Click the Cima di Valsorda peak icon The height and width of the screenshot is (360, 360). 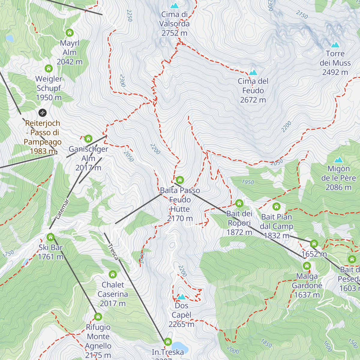click(174, 6)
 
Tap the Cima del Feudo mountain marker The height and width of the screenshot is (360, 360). click(253, 73)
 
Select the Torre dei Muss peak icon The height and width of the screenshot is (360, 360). click(335, 45)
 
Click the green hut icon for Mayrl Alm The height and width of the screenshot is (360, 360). click(70, 32)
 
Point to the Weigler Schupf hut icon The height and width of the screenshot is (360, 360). click(49, 68)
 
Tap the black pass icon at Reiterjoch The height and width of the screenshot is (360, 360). click(43, 113)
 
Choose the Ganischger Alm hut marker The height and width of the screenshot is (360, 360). click(88, 139)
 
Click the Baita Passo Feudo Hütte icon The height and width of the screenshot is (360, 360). click(180, 180)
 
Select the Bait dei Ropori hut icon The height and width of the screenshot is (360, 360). click(239, 203)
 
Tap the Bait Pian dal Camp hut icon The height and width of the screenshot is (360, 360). click(276, 206)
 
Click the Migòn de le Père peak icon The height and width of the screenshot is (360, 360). click(339, 160)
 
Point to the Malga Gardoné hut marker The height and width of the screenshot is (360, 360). click(307, 266)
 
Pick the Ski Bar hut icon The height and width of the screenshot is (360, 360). click(50, 237)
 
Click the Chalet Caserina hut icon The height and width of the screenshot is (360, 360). click(112, 274)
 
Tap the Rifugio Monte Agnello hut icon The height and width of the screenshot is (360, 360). click(98, 317)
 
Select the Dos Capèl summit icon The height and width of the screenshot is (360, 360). click(181, 297)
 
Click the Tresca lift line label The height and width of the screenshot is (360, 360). click(113, 252)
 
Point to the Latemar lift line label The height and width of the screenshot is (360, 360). click(63, 209)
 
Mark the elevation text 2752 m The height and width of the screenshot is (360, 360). click(174, 33)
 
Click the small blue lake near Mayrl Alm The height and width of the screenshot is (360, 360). click(10, 38)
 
